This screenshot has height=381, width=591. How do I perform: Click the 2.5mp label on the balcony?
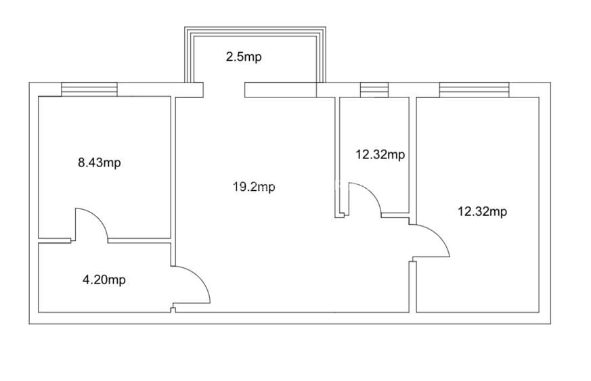coord(244,58)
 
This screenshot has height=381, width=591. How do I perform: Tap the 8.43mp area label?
coord(99,163)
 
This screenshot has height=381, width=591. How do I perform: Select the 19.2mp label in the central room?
coord(254,187)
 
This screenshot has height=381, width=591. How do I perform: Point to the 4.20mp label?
coord(104,280)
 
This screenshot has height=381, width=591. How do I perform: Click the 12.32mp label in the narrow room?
coord(380,154)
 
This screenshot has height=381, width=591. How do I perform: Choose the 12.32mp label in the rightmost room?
coord(483,211)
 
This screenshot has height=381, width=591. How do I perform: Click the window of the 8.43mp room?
coord(89,89)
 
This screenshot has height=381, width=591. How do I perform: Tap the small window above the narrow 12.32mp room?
coord(374,90)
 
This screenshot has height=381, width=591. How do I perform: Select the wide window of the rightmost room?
coord(474,90)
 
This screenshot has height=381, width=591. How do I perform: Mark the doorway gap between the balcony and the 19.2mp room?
coord(224,90)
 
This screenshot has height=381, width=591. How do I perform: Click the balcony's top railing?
coord(255,32)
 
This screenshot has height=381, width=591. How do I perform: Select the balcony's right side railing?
coord(321,55)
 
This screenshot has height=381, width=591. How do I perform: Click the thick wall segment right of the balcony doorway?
coord(280,90)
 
